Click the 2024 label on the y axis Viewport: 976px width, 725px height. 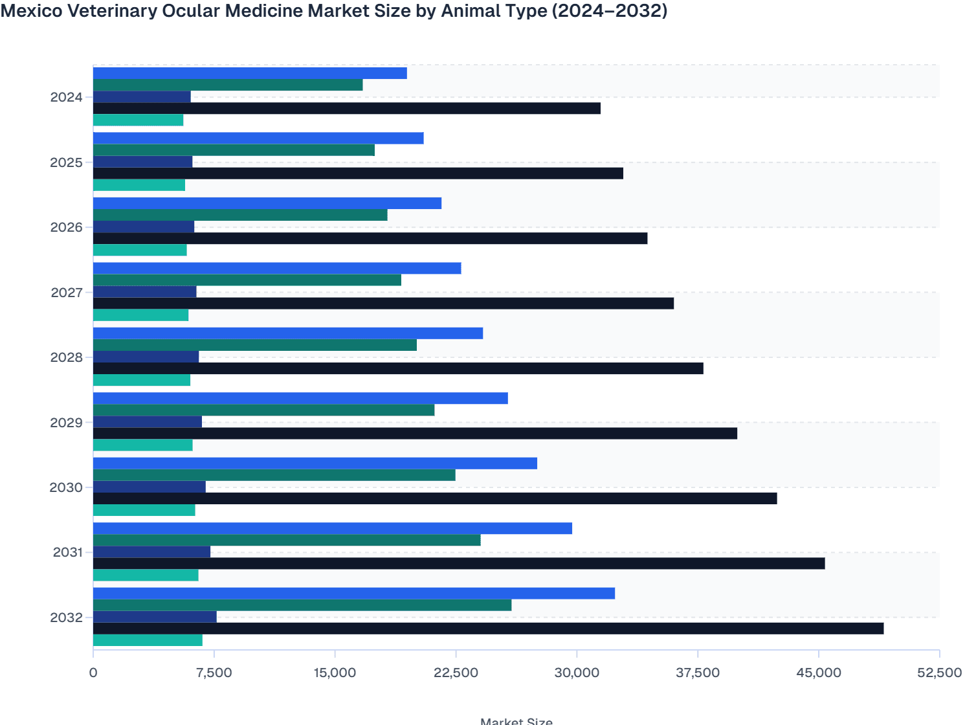click(67, 97)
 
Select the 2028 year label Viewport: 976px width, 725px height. click(67, 357)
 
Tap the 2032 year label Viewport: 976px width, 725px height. click(67, 618)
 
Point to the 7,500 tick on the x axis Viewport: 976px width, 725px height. click(214, 673)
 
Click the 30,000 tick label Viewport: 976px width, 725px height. click(577, 673)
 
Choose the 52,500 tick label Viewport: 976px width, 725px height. click(939, 673)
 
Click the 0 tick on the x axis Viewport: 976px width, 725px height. click(93, 673)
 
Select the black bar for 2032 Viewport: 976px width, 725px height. click(488, 629)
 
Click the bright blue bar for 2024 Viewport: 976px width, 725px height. click(250, 73)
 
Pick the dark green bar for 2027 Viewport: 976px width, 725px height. click(247, 280)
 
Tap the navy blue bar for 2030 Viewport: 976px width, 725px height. click(150, 487)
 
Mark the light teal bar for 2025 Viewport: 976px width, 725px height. click(139, 185)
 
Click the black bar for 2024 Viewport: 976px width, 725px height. click(347, 108)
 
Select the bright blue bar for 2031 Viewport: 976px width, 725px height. click(333, 528)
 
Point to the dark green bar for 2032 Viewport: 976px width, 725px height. click(302, 605)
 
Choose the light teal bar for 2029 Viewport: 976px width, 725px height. click(143, 445)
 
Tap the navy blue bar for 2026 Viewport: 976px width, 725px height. click(144, 227)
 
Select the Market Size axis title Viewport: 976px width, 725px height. click(516, 720)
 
